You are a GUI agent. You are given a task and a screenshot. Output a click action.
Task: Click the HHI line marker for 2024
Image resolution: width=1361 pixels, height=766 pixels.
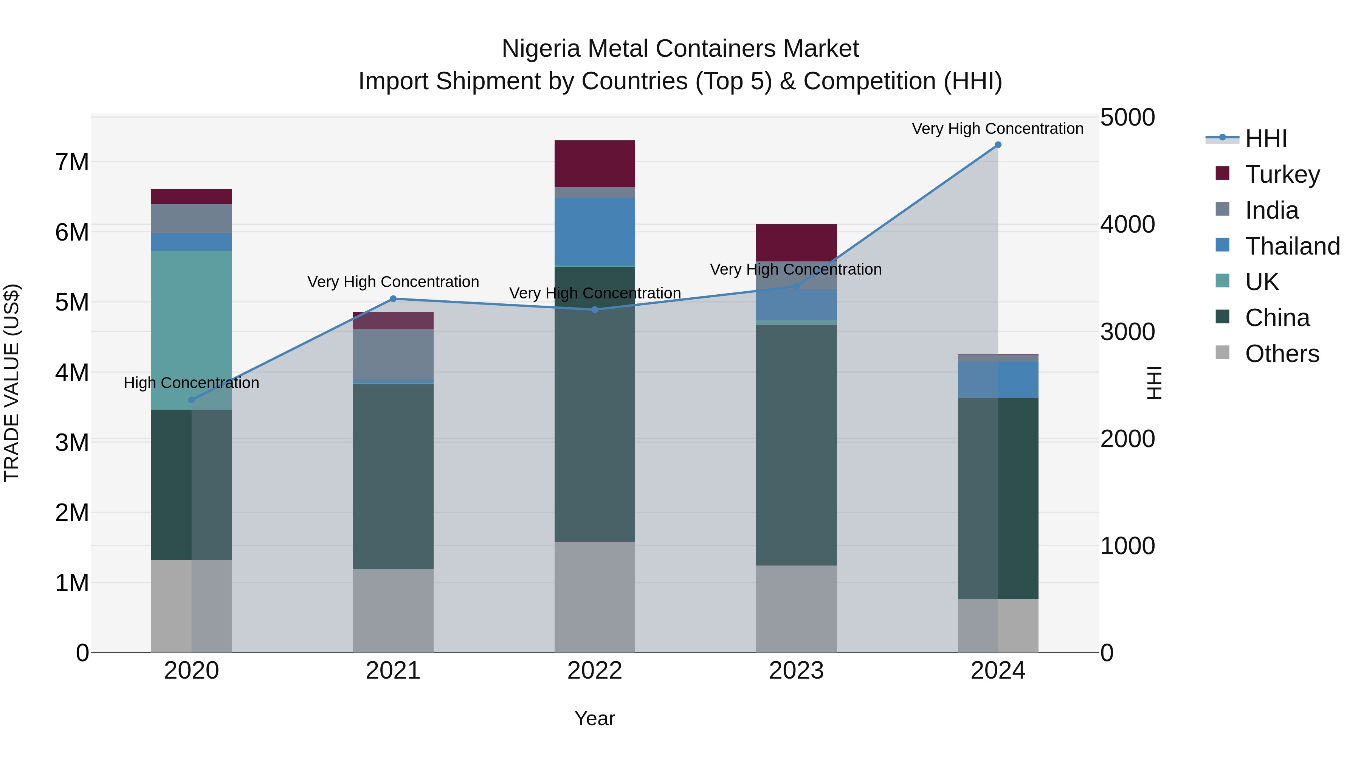click(998, 145)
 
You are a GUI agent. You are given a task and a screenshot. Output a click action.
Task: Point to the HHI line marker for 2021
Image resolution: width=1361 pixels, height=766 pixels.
click(393, 299)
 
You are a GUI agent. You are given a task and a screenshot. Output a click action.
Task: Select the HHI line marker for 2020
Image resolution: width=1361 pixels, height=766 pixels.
click(192, 400)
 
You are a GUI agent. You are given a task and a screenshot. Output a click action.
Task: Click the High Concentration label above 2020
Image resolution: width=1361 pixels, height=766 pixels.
click(191, 383)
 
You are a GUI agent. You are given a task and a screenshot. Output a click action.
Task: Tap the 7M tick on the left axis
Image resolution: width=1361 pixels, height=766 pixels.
click(72, 162)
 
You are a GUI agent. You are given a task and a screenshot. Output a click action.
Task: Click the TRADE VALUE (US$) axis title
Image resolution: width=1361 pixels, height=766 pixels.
click(12, 383)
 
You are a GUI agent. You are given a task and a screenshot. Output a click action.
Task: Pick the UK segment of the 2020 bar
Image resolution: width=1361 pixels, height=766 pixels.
click(191, 328)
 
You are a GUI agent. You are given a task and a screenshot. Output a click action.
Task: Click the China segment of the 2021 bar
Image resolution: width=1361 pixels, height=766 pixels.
click(393, 476)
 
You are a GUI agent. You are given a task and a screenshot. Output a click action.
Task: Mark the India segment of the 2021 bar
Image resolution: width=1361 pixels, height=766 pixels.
click(393, 354)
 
